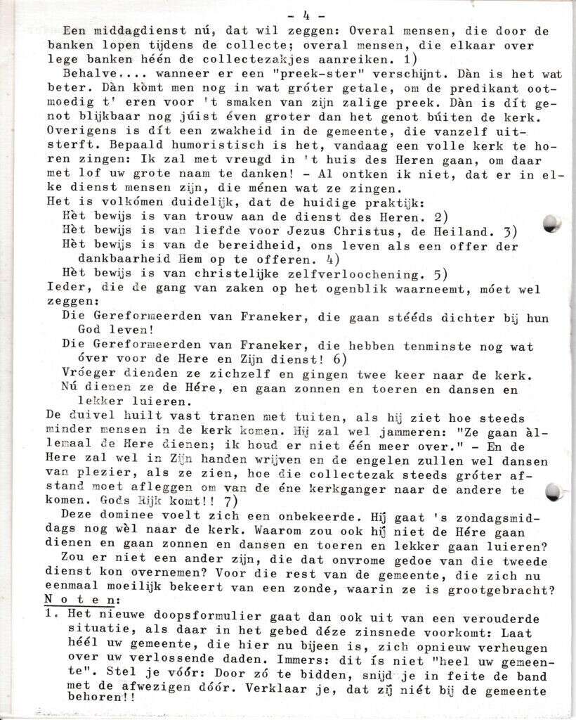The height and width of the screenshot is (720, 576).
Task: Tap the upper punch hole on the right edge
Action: click(553, 224)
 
